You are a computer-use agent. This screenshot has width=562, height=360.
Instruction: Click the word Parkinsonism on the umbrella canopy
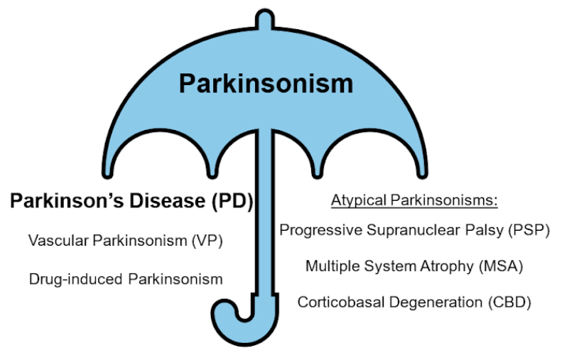pos(265,83)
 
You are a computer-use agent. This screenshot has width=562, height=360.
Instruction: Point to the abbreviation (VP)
pos(207,241)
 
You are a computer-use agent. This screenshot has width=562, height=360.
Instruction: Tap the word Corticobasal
pos(337,302)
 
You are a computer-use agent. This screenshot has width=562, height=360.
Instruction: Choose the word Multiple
pos(332,266)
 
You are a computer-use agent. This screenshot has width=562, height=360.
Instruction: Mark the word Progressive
pos(313,230)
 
